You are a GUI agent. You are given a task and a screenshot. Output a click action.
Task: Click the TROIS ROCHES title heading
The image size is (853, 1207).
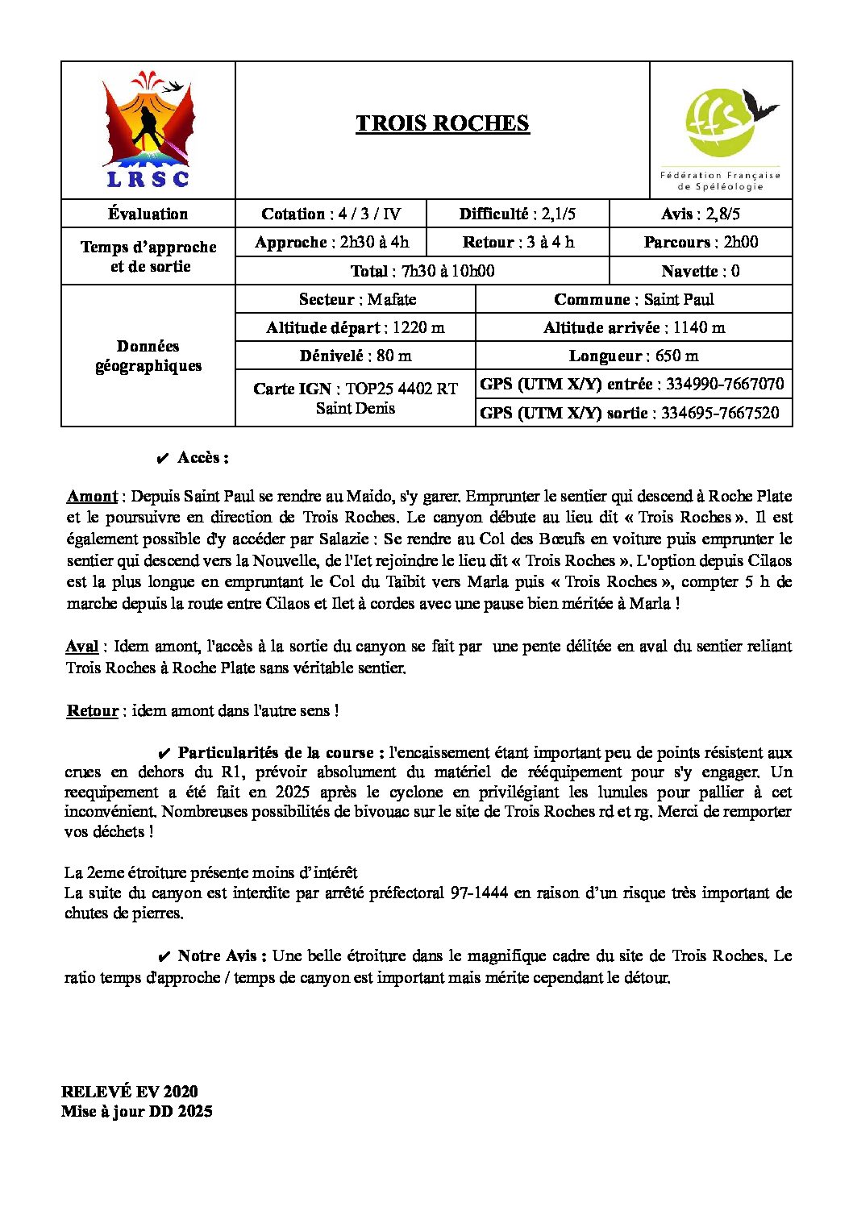pos(443,123)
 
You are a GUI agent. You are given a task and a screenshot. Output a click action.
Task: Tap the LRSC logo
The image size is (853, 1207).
pos(148,131)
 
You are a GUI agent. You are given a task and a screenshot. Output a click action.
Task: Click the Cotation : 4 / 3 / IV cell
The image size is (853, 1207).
pos(331,214)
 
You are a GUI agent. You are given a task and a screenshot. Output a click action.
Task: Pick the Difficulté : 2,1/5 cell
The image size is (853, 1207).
pos(518,214)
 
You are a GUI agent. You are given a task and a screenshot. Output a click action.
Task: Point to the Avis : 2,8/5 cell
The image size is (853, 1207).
pos(701,214)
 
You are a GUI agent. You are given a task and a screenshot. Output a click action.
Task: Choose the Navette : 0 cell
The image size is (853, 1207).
pos(701,271)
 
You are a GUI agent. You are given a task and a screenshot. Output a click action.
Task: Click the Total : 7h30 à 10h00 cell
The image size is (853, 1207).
pos(422,271)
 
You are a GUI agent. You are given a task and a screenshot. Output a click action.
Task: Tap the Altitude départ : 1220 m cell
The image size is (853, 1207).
pos(356,327)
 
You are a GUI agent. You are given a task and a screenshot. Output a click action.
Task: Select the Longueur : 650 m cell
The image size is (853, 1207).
pos(634,356)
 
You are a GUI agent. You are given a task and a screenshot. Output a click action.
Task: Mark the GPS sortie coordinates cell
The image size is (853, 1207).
pos(630,413)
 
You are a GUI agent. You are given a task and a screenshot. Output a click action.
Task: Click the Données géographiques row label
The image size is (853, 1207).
pos(148,356)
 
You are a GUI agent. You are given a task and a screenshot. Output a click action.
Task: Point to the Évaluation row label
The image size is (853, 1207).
pos(148,214)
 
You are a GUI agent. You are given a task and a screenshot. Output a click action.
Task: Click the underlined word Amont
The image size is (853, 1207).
pos(92,496)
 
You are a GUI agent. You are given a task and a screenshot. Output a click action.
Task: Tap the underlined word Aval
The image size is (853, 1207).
pos(82,646)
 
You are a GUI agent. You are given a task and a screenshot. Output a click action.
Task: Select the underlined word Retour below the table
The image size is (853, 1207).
pos(93,710)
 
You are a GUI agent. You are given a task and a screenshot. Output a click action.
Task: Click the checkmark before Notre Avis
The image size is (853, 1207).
pos(163,956)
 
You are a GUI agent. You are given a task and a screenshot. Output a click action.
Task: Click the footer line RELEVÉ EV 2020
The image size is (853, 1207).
pos(130,1092)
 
